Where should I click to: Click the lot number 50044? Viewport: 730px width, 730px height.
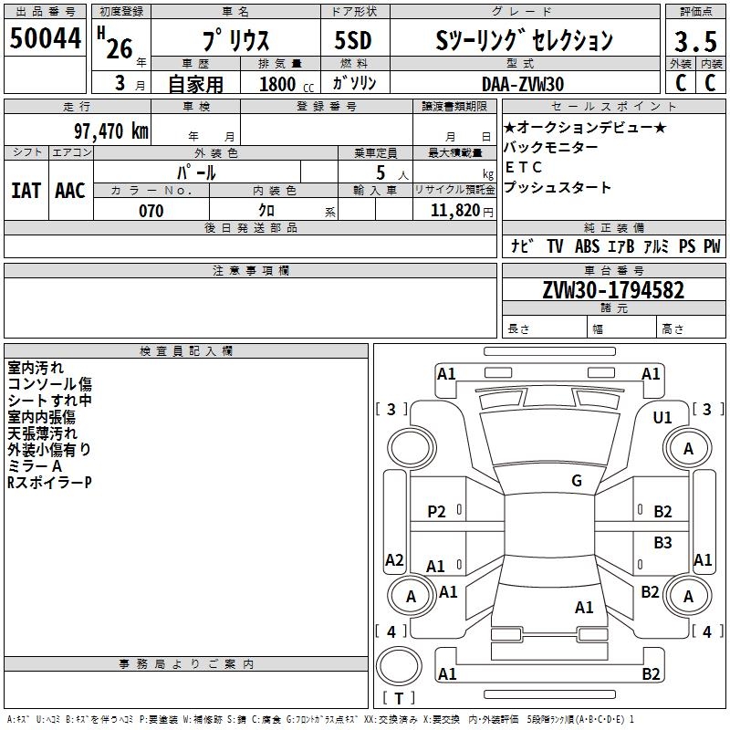(46, 39)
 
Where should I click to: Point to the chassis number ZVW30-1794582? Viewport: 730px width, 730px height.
(613, 291)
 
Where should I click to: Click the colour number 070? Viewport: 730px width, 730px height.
(151, 211)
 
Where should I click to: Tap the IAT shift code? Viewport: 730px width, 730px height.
(25, 191)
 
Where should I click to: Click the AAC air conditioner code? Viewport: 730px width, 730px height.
(70, 191)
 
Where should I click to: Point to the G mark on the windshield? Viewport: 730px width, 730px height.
(576, 481)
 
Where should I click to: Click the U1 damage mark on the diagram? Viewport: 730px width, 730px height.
(662, 417)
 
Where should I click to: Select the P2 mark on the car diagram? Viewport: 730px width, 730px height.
(437, 512)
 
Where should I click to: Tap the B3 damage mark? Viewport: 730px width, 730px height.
(662, 543)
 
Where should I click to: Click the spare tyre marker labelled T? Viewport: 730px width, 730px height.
(398, 699)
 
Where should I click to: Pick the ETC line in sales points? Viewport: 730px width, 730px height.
(524, 167)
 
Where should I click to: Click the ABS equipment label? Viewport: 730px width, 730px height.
(587, 245)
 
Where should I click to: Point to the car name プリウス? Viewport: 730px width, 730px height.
(235, 41)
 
